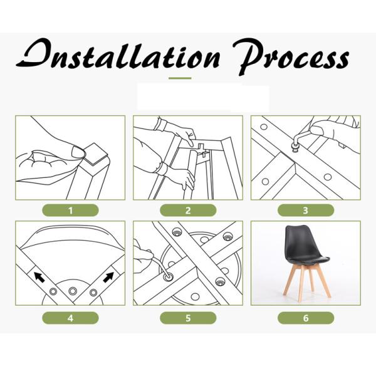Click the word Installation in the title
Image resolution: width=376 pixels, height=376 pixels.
point(118,55)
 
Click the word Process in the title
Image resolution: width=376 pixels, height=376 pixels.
point(291,57)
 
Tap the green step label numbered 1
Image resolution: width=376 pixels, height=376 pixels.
point(70,211)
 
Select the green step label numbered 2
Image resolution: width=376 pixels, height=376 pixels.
point(188,211)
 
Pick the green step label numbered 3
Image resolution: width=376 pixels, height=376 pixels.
point(306,211)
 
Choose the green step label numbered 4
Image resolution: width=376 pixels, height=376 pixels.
point(70,318)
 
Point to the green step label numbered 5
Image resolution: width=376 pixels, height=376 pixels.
point(188,318)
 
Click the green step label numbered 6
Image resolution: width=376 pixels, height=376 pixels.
point(306,318)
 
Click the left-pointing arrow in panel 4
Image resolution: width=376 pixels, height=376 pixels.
point(39,277)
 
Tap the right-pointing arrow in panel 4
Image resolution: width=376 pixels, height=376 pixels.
point(108,277)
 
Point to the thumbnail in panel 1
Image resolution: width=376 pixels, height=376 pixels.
point(78,152)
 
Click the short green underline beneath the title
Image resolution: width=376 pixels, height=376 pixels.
point(180,78)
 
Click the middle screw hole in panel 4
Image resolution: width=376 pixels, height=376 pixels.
point(73,291)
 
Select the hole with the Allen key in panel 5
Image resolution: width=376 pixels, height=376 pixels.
point(168,276)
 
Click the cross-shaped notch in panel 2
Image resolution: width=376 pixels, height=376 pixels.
point(202,149)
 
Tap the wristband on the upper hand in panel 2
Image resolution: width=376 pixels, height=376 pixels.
point(160,125)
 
